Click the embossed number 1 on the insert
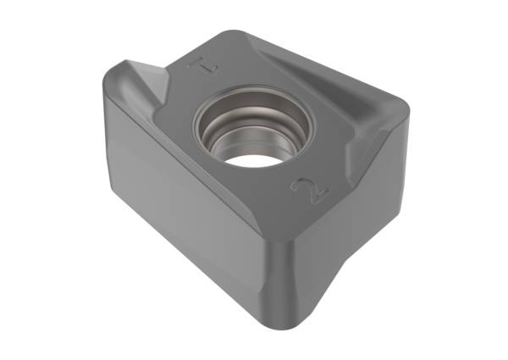click(x=204, y=65)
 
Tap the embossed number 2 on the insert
click(x=311, y=191)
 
